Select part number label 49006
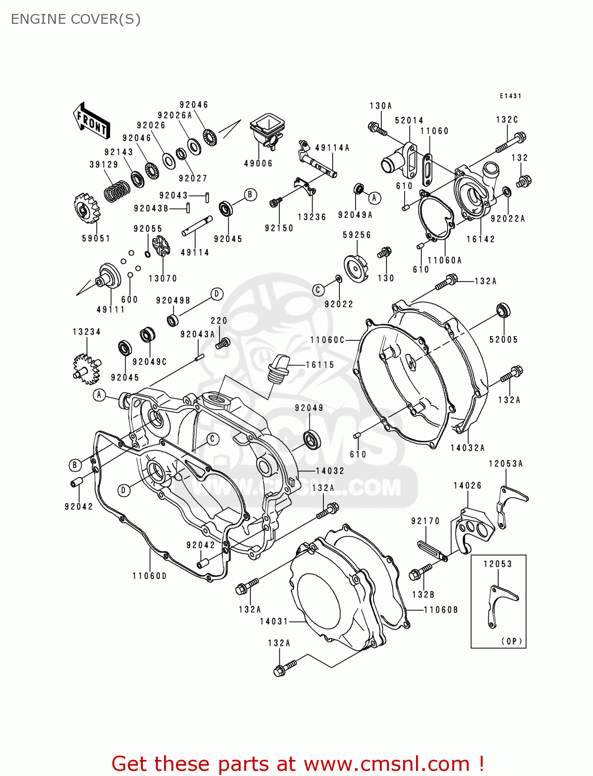(x=258, y=163)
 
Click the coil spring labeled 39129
(x=117, y=191)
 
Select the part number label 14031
(x=274, y=621)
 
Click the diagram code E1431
(x=510, y=96)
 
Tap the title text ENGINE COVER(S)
(x=76, y=19)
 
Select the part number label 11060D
(x=150, y=576)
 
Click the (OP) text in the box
(x=512, y=641)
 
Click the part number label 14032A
(x=467, y=448)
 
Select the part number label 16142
(x=481, y=239)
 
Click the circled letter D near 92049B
(x=217, y=294)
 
